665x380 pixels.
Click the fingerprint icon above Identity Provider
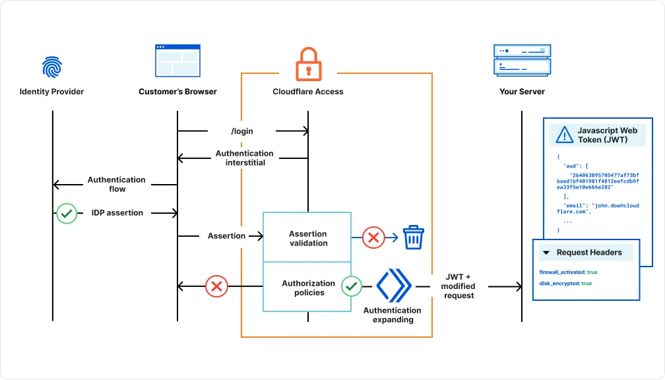point(52,67)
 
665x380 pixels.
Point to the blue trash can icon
point(414,237)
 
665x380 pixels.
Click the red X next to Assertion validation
point(373,237)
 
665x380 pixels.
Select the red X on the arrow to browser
point(216,286)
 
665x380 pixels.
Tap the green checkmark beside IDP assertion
point(66,213)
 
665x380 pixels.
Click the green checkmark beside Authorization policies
point(352,286)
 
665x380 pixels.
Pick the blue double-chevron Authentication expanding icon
point(394,286)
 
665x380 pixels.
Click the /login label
point(242,131)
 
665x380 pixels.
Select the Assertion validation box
point(307,237)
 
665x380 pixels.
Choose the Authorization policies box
point(307,288)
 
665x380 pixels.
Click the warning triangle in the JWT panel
point(565,135)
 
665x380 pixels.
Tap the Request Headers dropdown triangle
point(546,253)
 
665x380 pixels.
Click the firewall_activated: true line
point(568,272)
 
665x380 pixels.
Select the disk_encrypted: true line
point(565,283)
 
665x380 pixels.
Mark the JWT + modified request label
point(459,286)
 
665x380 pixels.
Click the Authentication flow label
point(116,184)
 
